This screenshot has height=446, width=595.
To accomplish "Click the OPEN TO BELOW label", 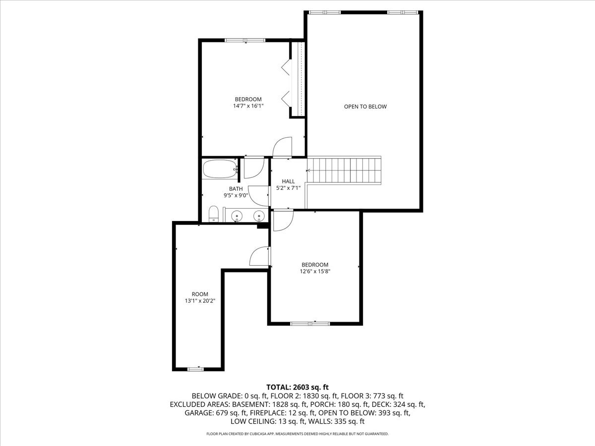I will [365, 107].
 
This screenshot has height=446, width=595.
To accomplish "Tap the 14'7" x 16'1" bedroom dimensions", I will [248, 106].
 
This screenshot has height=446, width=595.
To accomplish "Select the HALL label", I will [288, 181].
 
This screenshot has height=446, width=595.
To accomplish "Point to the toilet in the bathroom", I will [214, 214].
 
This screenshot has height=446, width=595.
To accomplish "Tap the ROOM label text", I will [200, 294].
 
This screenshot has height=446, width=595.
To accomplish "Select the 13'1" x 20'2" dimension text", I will [200, 301].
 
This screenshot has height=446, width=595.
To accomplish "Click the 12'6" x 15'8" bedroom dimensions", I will [315, 272].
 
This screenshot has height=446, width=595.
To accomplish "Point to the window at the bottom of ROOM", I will [195, 368].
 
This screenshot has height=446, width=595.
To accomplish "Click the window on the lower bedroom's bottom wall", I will [310, 324].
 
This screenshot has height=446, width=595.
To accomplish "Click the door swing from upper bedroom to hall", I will [282, 147].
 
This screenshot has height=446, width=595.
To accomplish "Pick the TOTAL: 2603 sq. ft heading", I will [297, 387].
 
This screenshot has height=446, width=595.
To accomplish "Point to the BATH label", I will [236, 189].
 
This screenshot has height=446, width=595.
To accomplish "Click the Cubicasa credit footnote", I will [297, 434].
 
